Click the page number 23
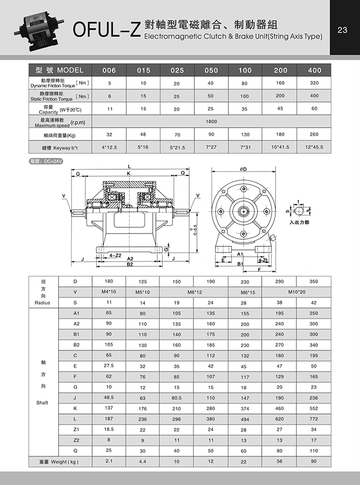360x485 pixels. point(343,30)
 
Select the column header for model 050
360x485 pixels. point(211,70)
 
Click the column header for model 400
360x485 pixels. point(314,70)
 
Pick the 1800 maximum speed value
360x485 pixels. point(211,121)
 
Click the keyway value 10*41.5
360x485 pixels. point(281,147)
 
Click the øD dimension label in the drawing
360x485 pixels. point(243,169)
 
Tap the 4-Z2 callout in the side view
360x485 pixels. point(115,255)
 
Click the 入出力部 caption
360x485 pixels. point(299,222)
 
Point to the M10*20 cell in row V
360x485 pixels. point(297,292)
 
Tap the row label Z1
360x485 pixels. point(76,429)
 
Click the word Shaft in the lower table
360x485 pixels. point(43,403)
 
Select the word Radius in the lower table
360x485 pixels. point(43,303)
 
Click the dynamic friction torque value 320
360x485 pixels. point(314,83)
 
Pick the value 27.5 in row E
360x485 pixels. point(109,366)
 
